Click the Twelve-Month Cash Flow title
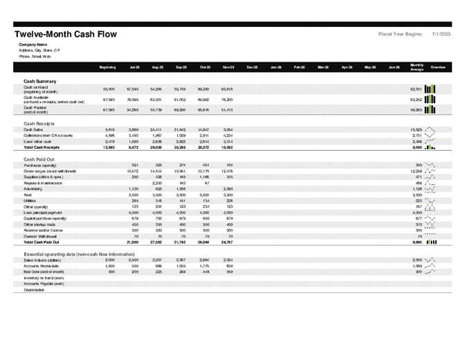(x=66, y=34)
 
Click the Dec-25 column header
(x=253, y=67)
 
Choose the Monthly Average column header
(x=416, y=66)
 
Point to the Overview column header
(x=438, y=67)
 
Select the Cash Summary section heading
(x=39, y=81)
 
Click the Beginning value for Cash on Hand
(x=109, y=89)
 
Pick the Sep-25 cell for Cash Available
(x=180, y=99)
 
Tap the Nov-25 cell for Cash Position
(x=228, y=109)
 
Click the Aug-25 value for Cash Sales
(x=156, y=129)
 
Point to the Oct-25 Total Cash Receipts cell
(x=203, y=147)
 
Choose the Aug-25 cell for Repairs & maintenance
(x=156, y=183)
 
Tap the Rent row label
(x=28, y=195)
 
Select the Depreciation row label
(x=33, y=290)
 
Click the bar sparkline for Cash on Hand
(x=430, y=89)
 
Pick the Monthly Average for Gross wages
(x=416, y=171)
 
